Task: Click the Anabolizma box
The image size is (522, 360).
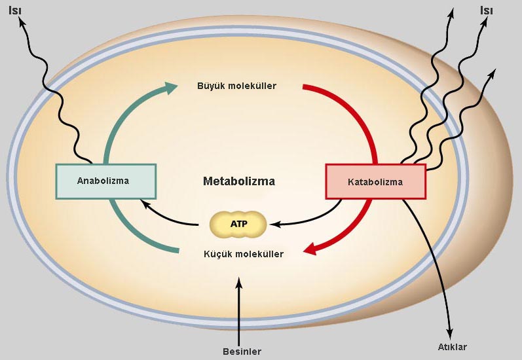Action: tap(105, 181)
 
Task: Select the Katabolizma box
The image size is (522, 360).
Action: tap(375, 181)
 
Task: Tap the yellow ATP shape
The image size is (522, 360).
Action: tap(238, 225)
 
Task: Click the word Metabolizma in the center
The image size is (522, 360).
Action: tap(238, 181)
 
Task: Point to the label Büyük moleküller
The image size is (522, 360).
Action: tap(236, 86)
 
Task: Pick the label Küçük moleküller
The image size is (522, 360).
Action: tap(244, 254)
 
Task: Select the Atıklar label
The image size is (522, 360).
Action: tap(452, 347)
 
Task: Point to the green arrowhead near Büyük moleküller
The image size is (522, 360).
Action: tap(171, 86)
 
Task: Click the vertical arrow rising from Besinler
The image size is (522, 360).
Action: tap(239, 308)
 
